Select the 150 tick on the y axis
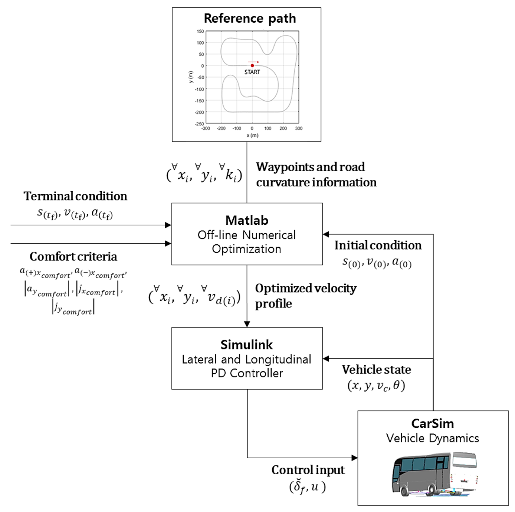click(x=200, y=31)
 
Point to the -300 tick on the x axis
click(x=205, y=128)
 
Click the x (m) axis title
click(x=252, y=135)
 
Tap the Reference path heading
click(x=250, y=18)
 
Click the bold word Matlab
click(x=247, y=220)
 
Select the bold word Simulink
click(x=247, y=345)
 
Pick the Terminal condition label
click(x=75, y=196)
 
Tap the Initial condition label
click(x=378, y=245)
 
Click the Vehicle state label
click(x=376, y=370)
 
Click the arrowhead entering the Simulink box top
click(x=247, y=324)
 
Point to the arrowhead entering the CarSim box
click(x=355, y=458)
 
